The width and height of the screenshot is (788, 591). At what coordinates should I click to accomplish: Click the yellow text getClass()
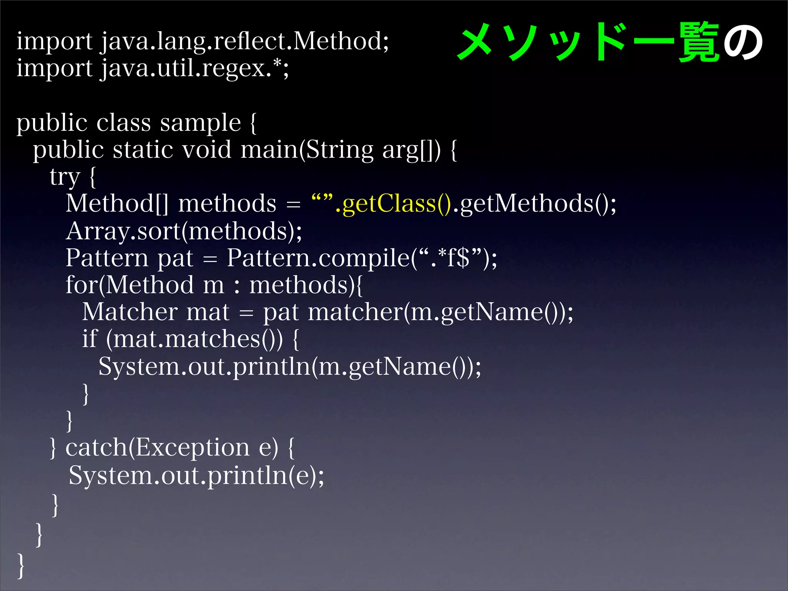(x=396, y=204)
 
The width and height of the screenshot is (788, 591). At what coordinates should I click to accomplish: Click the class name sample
(x=200, y=123)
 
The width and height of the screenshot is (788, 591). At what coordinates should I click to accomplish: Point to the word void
(x=207, y=150)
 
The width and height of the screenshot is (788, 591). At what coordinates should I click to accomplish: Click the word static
(x=143, y=150)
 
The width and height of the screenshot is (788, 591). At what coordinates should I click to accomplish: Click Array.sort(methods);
(x=184, y=231)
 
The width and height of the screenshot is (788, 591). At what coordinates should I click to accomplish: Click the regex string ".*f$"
(x=450, y=258)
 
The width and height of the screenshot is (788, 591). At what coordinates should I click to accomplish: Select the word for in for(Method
(x=81, y=285)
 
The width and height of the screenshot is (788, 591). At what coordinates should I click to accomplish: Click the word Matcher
(x=130, y=312)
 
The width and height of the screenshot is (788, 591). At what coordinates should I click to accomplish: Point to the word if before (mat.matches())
(x=90, y=339)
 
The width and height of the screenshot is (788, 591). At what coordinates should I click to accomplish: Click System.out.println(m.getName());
(x=289, y=366)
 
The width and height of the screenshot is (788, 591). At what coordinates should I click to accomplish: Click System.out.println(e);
(x=196, y=476)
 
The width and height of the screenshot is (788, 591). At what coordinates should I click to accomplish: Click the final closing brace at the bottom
(x=21, y=565)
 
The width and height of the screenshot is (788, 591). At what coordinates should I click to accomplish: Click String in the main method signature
(x=340, y=150)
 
